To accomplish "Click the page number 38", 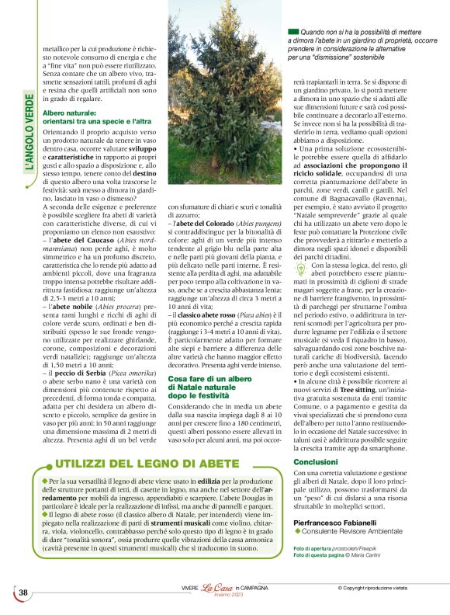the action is click(23, 592).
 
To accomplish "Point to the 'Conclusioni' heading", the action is click(315, 461).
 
